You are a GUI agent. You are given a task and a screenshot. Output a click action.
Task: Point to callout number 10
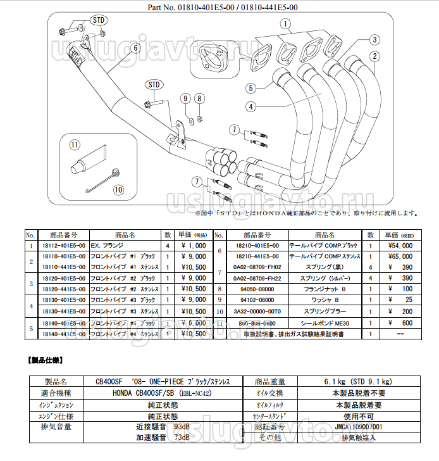[118, 189]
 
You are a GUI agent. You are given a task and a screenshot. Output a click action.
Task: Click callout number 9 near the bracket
[185, 98]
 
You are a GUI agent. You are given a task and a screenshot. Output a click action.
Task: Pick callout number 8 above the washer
[199, 98]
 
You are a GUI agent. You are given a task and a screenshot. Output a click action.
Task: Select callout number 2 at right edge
[375, 56]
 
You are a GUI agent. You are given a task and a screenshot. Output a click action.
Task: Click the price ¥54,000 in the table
[399, 245]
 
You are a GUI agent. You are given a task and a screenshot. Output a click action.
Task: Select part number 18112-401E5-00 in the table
[63, 245]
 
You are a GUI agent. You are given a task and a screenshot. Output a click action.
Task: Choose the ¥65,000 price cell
[399, 256]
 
